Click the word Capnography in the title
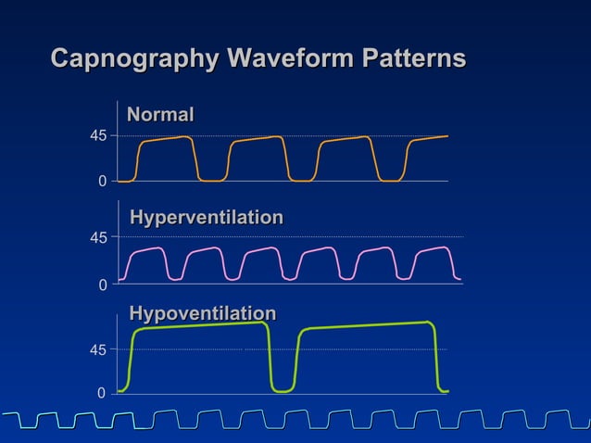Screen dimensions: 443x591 pyautogui.click(x=134, y=59)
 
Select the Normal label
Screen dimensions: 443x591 pyautogui.click(x=160, y=115)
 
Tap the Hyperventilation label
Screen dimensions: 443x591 pyautogui.click(x=206, y=218)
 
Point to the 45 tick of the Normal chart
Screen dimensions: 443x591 pyautogui.click(x=97, y=136)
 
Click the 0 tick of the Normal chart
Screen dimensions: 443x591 pyautogui.click(x=102, y=182)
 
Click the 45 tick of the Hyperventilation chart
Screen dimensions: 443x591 pyautogui.click(x=97, y=238)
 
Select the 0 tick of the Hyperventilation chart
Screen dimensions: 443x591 pyautogui.click(x=102, y=285)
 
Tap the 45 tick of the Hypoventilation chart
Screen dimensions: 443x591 pyautogui.click(x=97, y=350)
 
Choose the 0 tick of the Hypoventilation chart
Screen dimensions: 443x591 pyautogui.click(x=102, y=395)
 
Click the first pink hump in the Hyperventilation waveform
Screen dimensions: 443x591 pyautogui.click(x=146, y=250)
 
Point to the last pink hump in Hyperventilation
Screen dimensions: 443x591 pyautogui.click(x=433, y=249)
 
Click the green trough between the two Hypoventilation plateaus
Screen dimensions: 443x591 pyautogui.click(x=282, y=391)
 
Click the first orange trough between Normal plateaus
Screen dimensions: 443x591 pyautogui.click(x=212, y=181)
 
